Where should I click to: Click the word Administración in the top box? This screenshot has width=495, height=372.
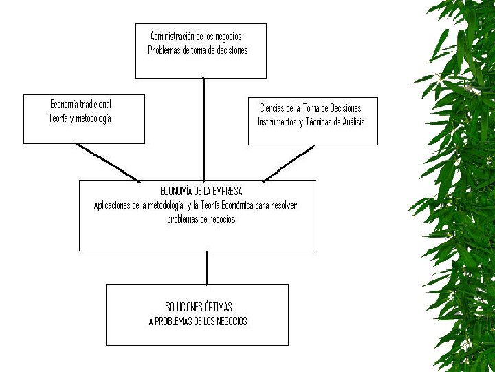(x=173, y=36)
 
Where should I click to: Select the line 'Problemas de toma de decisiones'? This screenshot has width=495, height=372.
(x=197, y=50)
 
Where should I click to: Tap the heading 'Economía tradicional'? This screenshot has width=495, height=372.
(x=80, y=104)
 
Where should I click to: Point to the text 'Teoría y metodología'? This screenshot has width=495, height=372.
(x=80, y=118)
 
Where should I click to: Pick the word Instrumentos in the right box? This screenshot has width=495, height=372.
(x=278, y=123)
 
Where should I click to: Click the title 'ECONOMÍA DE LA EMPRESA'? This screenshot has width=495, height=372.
(x=201, y=191)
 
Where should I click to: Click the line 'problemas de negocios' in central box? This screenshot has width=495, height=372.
(x=201, y=220)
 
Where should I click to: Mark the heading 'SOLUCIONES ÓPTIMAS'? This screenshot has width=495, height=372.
(x=199, y=307)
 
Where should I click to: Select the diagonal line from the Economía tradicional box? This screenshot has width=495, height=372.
(x=109, y=162)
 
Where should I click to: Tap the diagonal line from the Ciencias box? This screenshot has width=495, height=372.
(x=289, y=163)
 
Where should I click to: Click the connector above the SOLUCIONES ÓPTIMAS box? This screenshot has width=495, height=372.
(x=206, y=267)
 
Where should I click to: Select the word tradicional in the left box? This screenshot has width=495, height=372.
(x=95, y=104)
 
